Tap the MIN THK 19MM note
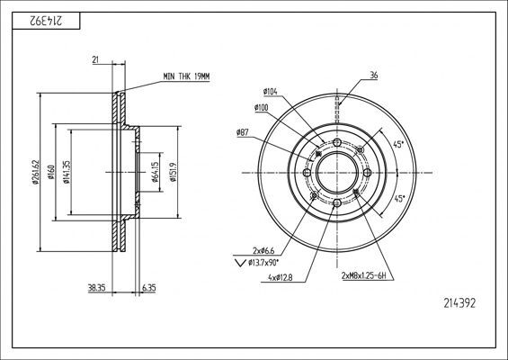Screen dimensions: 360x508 tap(186, 76)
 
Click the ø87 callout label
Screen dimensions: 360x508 tap(243, 132)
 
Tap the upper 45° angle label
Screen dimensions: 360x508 tap(398, 145)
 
